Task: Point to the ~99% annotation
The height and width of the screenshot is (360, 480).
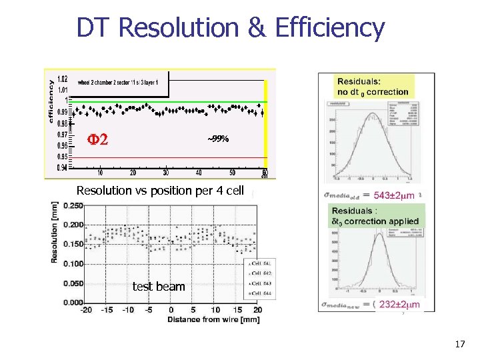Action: pyautogui.click(x=218, y=139)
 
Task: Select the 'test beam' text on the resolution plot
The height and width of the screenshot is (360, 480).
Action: pyautogui.click(x=159, y=286)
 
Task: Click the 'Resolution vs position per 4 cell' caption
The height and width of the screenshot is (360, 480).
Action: pyautogui.click(x=165, y=190)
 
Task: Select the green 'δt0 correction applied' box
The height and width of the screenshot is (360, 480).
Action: pyautogui.click(x=375, y=215)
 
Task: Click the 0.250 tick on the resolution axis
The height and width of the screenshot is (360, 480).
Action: pyautogui.click(x=73, y=205)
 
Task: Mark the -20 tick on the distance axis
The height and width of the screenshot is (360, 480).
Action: pyautogui.click(x=86, y=310)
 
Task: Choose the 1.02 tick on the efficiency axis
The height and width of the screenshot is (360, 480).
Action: pyautogui.click(x=61, y=78)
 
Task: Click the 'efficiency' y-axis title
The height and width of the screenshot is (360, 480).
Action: pyautogui.click(x=51, y=99)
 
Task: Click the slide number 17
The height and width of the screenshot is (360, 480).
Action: pyautogui.click(x=459, y=344)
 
